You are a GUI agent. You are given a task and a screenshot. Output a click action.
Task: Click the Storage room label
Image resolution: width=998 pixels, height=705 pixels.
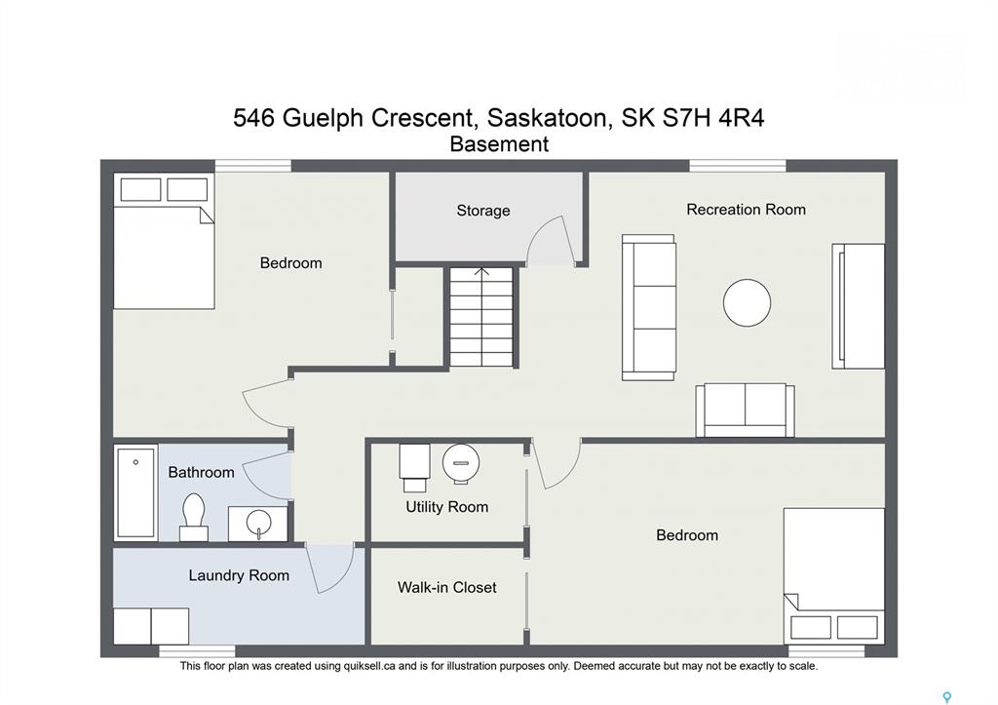tap(483, 211)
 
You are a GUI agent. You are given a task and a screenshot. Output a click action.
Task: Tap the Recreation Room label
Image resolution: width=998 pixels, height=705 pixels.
tap(746, 210)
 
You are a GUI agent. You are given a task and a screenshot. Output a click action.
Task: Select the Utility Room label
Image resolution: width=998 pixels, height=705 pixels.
tap(446, 507)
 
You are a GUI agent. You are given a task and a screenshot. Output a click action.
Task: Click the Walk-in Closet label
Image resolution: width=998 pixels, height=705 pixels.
tap(446, 587)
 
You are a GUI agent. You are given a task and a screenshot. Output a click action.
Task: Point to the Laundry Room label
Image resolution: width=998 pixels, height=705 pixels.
tap(239, 575)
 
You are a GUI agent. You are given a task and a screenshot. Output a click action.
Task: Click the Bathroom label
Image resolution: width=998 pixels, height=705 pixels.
tap(201, 473)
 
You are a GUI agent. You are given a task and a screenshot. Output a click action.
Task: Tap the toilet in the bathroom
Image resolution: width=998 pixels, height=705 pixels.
tap(194, 517)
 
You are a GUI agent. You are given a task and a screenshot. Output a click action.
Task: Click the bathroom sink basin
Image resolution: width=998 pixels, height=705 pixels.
tap(258, 524)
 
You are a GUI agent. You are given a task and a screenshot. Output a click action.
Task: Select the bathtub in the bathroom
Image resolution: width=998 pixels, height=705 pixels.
tap(136, 492)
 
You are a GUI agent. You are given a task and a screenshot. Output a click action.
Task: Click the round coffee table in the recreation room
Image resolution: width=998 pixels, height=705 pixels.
tap(747, 303)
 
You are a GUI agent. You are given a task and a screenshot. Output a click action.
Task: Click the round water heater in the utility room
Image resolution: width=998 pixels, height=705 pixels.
tap(461, 463)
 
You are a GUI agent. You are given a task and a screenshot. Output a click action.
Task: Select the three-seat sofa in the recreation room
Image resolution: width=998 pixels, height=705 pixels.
tap(648, 307)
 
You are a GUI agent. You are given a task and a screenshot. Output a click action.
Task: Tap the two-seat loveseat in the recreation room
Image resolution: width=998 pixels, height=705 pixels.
tap(745, 411)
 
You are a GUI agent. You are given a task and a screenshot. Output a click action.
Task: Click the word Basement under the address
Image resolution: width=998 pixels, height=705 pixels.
tap(499, 144)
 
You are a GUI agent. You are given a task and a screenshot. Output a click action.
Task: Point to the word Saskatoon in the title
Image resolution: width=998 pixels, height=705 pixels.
tap(546, 118)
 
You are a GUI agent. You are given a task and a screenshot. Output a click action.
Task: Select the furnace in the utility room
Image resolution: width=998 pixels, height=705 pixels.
tap(413, 467)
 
